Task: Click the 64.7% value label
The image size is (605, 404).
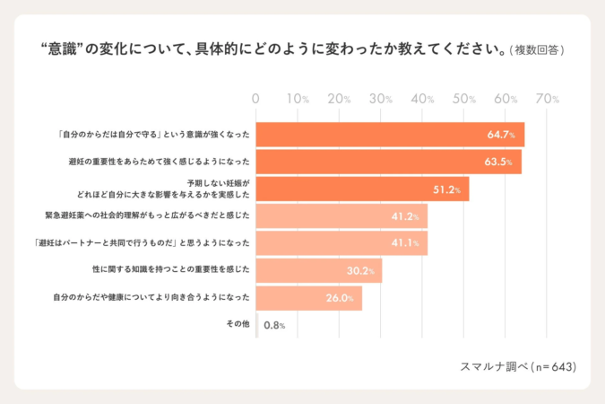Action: click(x=501, y=135)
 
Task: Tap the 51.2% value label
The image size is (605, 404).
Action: click(x=446, y=189)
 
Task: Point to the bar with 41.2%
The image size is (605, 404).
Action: click(x=341, y=216)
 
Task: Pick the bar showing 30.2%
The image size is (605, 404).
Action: click(x=319, y=270)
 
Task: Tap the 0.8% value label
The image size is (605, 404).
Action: click(x=274, y=324)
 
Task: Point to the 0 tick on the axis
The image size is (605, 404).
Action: click(x=256, y=99)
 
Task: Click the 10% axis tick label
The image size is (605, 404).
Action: click(x=298, y=99)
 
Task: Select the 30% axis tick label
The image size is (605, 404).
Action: click(x=381, y=99)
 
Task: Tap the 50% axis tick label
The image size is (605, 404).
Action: click(x=464, y=99)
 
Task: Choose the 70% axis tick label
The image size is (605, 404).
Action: click(x=548, y=99)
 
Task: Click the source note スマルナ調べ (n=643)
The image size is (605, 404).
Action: click(x=517, y=366)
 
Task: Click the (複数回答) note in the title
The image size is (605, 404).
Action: click(x=536, y=48)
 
